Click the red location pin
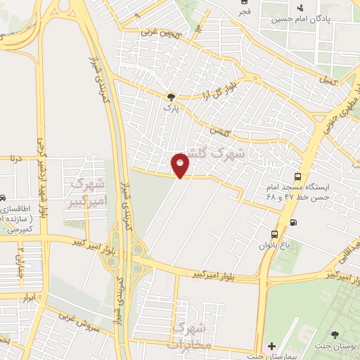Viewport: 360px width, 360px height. click(x=181, y=165)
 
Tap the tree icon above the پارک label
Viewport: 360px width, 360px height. click(x=170, y=97)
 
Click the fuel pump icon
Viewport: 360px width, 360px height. click(x=293, y=223)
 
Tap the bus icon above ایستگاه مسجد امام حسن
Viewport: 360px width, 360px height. click(x=298, y=178)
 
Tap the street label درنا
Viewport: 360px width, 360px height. click(x=17, y=157)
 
